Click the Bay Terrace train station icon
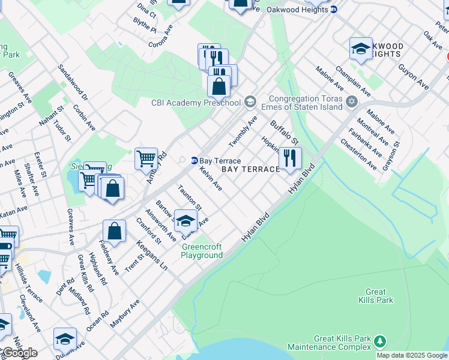tap(194, 161)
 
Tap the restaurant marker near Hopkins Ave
tap(290, 158)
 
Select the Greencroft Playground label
tap(202, 251)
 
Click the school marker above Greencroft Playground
tap(185, 220)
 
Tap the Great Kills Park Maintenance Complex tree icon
tap(379, 341)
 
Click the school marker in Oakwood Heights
tap(361, 49)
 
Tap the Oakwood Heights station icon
tap(334, 9)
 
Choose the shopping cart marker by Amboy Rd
tap(146, 159)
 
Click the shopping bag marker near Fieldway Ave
tap(114, 232)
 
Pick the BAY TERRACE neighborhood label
tap(251, 170)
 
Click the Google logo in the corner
tap(19, 353)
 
